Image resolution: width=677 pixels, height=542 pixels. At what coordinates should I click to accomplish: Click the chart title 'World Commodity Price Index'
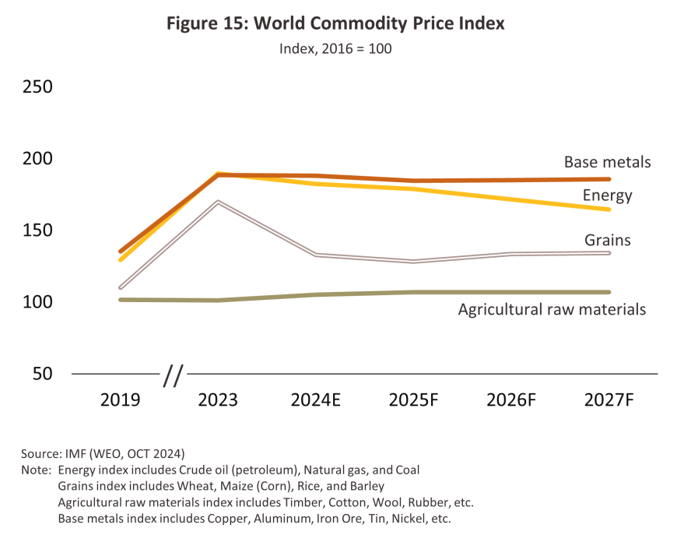click(x=335, y=23)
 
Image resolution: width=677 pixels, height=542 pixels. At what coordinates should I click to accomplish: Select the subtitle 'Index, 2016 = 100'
click(x=335, y=48)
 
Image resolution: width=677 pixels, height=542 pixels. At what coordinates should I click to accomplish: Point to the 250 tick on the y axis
click(x=37, y=86)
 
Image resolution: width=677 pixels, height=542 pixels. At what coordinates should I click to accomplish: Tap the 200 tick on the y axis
click(x=37, y=158)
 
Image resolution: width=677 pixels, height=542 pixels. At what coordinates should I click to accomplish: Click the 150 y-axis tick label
click(x=37, y=230)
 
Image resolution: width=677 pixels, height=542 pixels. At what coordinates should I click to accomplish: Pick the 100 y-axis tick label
click(x=37, y=301)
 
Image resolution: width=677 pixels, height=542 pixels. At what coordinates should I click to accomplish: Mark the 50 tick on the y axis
click(x=42, y=374)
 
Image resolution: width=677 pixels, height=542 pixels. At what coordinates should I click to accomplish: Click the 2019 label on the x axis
click(x=121, y=400)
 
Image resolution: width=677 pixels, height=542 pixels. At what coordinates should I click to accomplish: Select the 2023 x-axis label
click(x=219, y=400)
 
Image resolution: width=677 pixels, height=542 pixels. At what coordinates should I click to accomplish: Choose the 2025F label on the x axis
click(x=414, y=400)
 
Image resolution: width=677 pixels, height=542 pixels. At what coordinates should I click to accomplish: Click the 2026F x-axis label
click(x=512, y=400)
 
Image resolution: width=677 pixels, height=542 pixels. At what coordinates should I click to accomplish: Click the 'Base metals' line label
click(x=607, y=163)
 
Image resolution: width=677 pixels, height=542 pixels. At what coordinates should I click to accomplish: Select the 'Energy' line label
click(x=607, y=195)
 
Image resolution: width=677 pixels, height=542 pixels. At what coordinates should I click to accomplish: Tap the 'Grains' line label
click(x=607, y=240)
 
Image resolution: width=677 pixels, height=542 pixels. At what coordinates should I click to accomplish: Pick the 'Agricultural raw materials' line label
click(x=552, y=309)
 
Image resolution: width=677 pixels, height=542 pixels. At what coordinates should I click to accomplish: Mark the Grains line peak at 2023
click(x=219, y=202)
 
